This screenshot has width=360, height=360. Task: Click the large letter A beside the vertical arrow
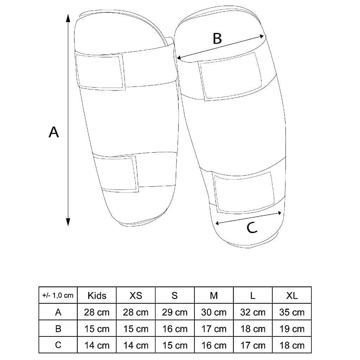[x=54, y=132]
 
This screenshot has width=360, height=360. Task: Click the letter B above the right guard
[x=218, y=38]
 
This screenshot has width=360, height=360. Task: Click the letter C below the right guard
[x=252, y=228]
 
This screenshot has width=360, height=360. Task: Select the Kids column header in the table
[x=97, y=295]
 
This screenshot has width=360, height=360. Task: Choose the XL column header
[x=292, y=295]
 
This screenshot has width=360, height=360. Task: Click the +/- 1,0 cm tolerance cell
[x=58, y=295]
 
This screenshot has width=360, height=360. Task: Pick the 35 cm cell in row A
[x=292, y=312]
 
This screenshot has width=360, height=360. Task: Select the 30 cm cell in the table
[x=214, y=312]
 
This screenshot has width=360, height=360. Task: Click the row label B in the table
[x=58, y=329]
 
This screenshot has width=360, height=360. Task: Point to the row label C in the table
[x=58, y=345]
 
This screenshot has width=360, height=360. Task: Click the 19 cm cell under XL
[x=292, y=329]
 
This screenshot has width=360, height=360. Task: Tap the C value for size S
[x=175, y=345]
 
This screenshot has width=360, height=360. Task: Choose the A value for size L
[x=253, y=312]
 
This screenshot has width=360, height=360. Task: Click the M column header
[x=214, y=295]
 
